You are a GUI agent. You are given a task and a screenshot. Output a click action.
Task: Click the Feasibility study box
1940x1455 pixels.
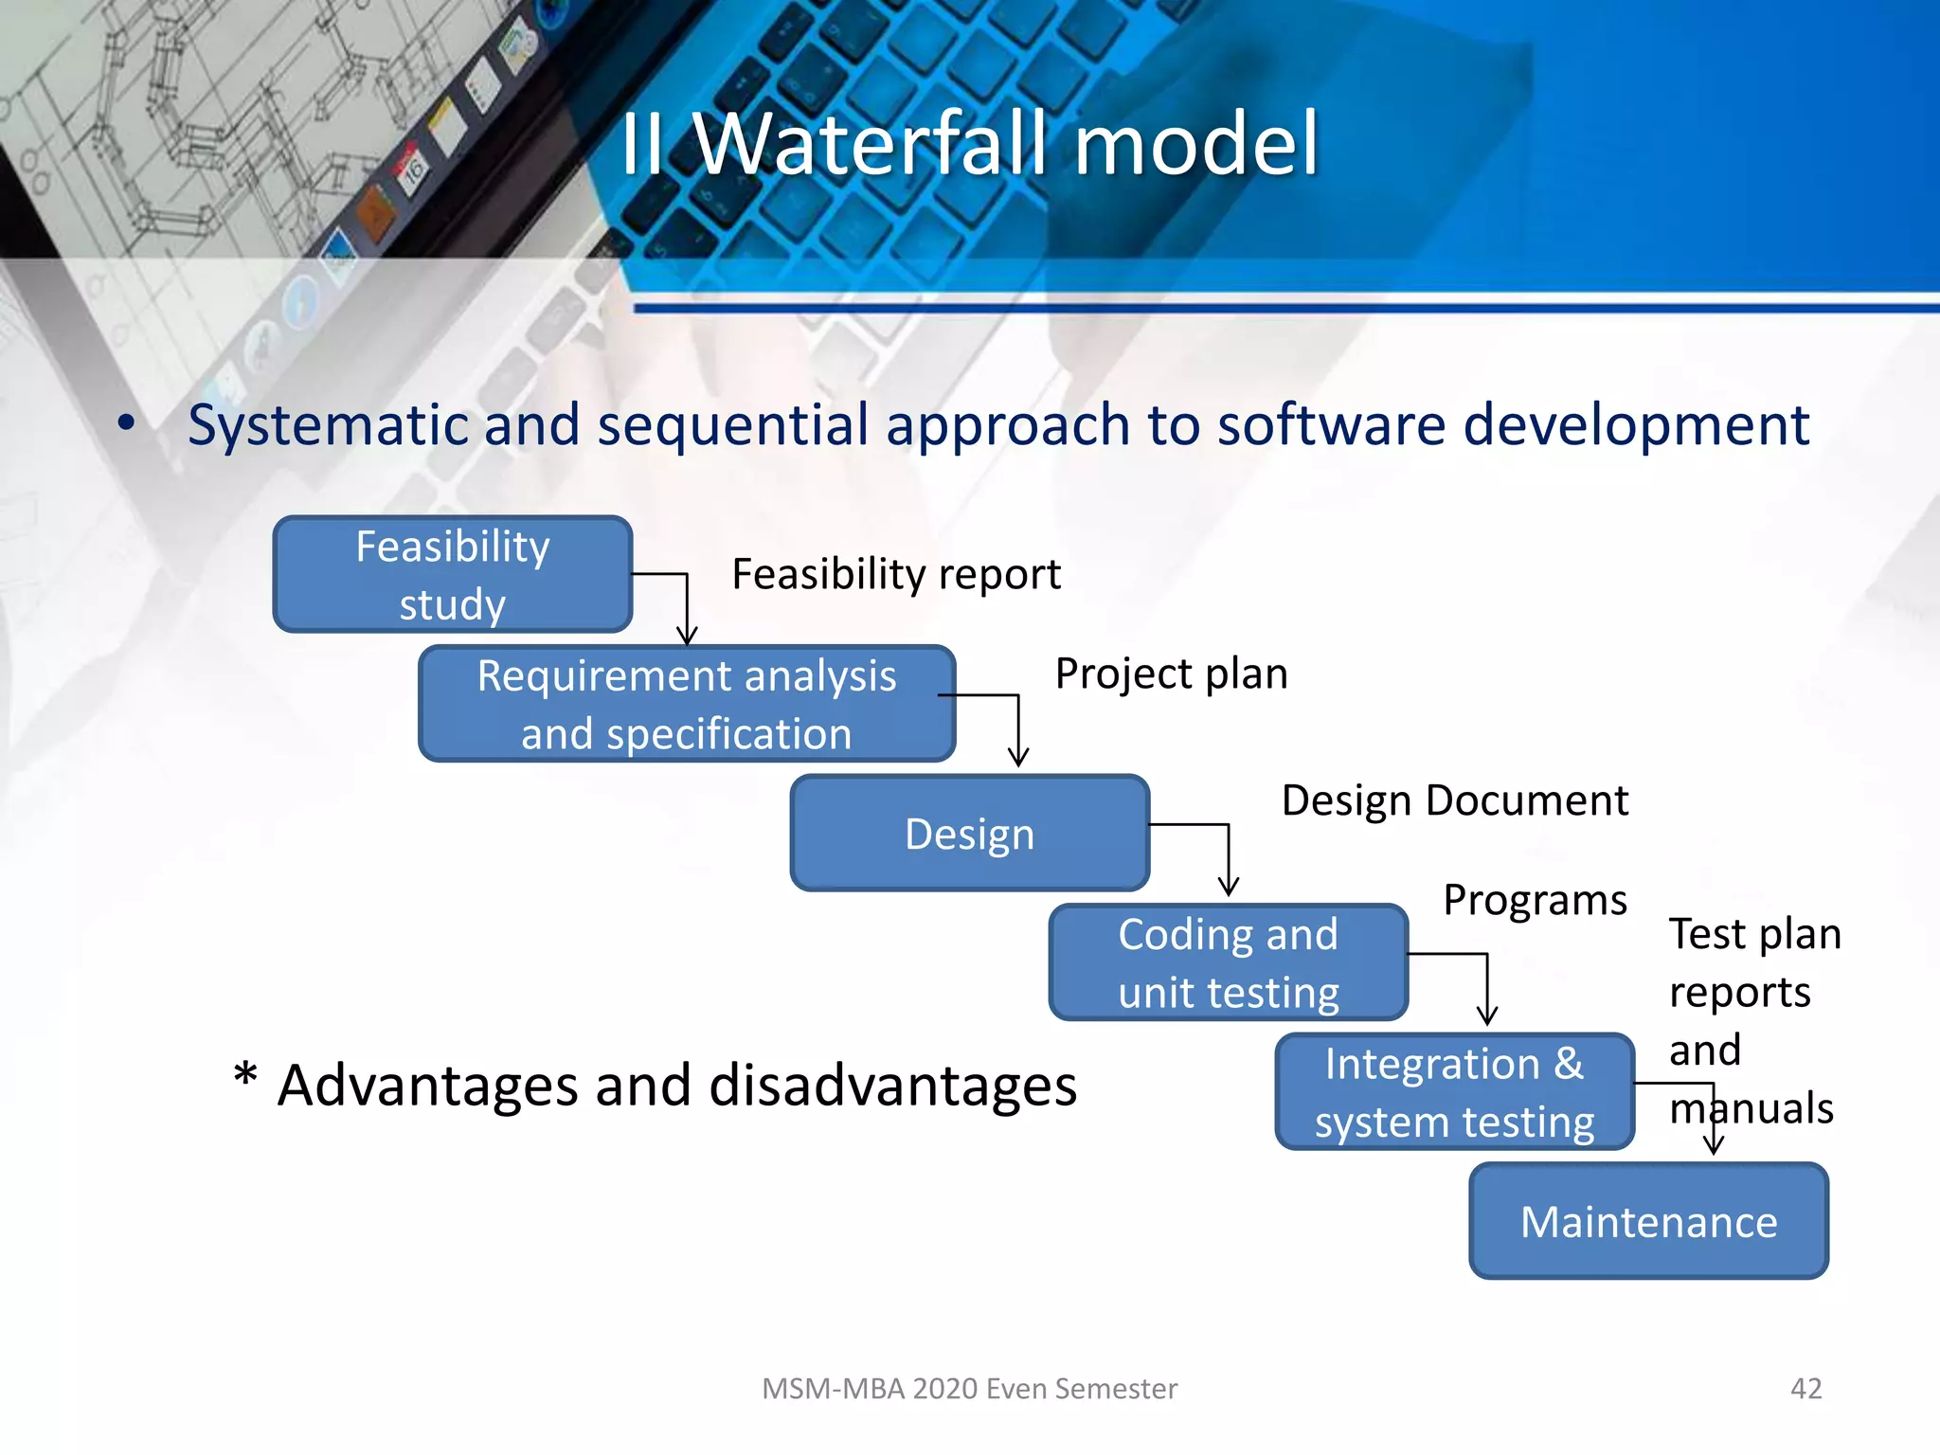coord(452,575)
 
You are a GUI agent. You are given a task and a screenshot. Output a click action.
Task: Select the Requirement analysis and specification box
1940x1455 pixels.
coord(686,704)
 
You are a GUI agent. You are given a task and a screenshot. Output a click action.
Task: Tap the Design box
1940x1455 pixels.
coord(969,834)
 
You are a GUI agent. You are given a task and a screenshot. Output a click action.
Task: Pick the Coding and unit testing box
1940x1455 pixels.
coord(1228,962)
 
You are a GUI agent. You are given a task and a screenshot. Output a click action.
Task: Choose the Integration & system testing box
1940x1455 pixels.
coord(1454,1092)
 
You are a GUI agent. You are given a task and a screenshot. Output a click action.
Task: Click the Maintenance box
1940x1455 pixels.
coord(1648,1221)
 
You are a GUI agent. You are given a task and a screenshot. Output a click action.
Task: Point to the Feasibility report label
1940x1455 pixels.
coord(895,574)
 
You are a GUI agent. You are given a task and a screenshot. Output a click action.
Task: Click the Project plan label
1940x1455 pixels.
coord(1171,674)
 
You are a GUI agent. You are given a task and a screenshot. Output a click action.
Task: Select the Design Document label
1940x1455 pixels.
coord(1454,800)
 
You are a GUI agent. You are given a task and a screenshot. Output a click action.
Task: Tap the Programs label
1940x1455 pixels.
coord(1535,900)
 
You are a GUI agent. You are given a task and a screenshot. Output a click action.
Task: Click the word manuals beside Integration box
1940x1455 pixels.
coord(1751,1108)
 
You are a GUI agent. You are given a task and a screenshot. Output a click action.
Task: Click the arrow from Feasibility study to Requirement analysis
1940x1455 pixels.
coord(687,606)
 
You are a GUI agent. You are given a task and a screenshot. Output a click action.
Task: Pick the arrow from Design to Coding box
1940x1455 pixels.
coord(1228,857)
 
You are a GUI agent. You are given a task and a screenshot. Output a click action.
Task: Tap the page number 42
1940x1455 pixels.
coord(1805,1389)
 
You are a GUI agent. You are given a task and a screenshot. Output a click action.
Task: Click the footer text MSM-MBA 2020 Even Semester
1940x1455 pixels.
coord(969,1389)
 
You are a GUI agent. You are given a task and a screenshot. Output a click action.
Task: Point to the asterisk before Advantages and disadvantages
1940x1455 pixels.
coord(245,1076)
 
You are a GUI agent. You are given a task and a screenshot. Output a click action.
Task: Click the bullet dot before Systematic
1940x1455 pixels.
coord(126,422)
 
